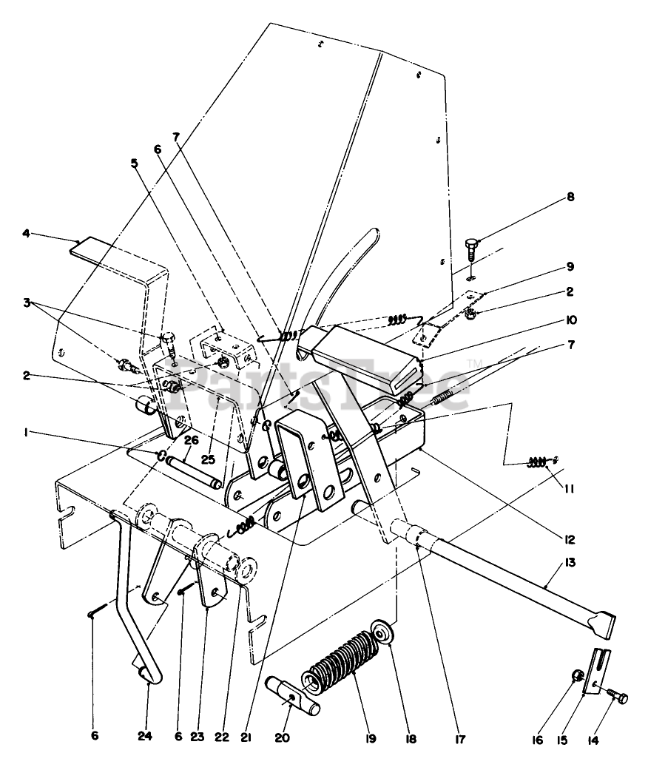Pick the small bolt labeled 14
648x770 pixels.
tap(615, 697)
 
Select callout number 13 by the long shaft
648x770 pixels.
tap(548, 563)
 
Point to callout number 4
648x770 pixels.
tap(26, 234)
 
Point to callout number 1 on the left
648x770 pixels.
tap(27, 433)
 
